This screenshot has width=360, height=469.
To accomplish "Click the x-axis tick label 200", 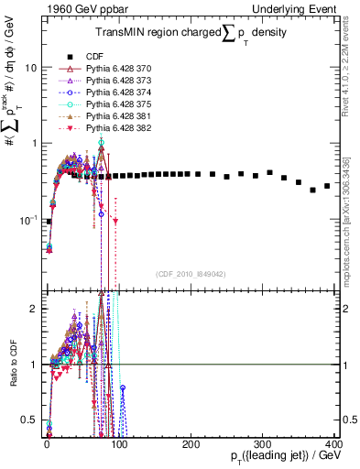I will [x=191, y=444].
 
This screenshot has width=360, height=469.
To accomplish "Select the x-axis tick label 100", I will [x=118, y=444].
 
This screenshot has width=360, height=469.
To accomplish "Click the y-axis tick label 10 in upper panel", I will [x=30, y=68].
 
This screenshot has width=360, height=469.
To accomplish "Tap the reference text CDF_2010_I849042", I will [x=191, y=274].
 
